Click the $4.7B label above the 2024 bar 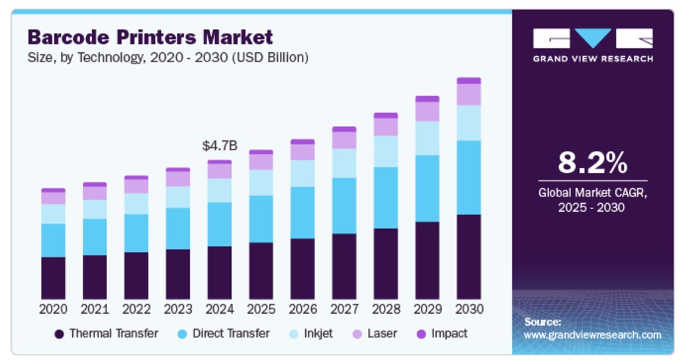pyautogui.click(x=219, y=146)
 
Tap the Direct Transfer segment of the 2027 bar pyautogui.click(x=344, y=206)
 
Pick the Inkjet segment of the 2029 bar pyautogui.click(x=427, y=138)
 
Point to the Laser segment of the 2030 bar pyautogui.click(x=469, y=94)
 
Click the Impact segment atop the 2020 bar pyautogui.click(x=53, y=190)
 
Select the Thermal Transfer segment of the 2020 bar pyautogui.click(x=53, y=278)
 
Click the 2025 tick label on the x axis pyautogui.click(x=261, y=309)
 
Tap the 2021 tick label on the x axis pyautogui.click(x=95, y=309)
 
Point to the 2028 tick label pyautogui.click(x=386, y=309)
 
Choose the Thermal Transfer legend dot pyautogui.click(x=59, y=334)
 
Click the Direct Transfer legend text pyautogui.click(x=231, y=334)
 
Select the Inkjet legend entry pyautogui.click(x=318, y=334)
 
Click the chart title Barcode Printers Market pyautogui.click(x=150, y=36)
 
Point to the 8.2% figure pyautogui.click(x=592, y=162)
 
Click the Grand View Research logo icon pyautogui.click(x=592, y=38)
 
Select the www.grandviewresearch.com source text pyautogui.click(x=592, y=335)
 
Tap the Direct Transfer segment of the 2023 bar pyautogui.click(x=177, y=228)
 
